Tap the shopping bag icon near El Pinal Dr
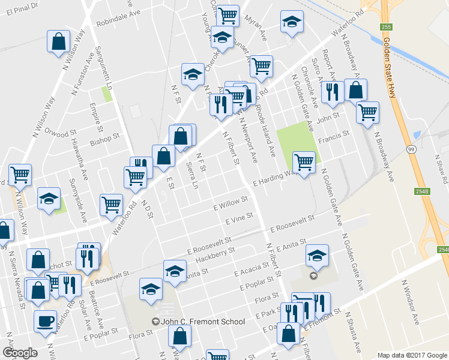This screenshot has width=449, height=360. click(59, 42)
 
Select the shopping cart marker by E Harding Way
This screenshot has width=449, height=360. click(304, 162)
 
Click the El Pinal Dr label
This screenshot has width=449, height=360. click(20, 7)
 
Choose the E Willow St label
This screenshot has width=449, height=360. click(232, 204)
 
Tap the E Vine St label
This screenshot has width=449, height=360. click(238, 220)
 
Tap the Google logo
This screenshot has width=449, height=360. click(20, 352)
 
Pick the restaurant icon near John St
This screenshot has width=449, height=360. click(330, 92)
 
